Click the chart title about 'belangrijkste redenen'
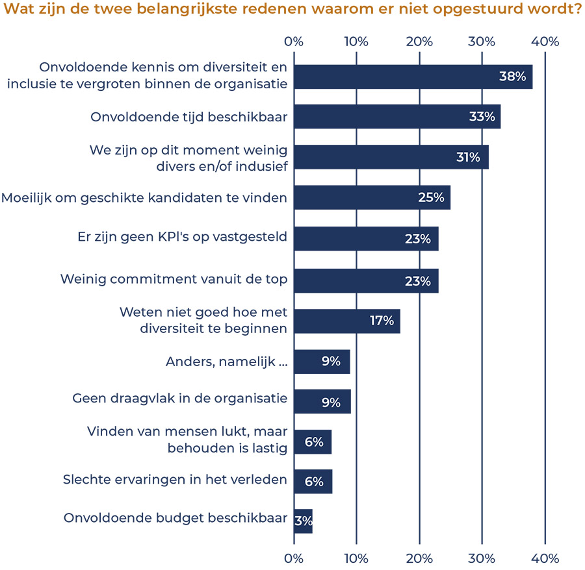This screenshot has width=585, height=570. (292, 11)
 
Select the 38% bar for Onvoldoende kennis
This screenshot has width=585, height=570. (413, 77)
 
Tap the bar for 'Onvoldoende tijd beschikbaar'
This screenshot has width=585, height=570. (396, 117)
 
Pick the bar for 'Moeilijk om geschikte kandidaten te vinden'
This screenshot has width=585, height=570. (371, 197)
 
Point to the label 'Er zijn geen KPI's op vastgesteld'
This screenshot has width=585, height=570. (182, 238)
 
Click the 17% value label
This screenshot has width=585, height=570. (382, 321)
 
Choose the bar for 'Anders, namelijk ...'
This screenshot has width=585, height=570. (322, 362)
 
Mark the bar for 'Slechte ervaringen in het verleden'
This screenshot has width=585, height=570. (313, 482)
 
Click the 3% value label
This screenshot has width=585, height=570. (304, 521)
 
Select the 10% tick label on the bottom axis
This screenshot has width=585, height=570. (356, 558)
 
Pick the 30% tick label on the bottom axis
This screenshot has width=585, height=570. (482, 558)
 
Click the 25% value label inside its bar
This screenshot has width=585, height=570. (430, 197)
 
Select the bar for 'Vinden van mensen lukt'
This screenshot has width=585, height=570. (312, 441)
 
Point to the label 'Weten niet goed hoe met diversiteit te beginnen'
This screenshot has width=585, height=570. (203, 320)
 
